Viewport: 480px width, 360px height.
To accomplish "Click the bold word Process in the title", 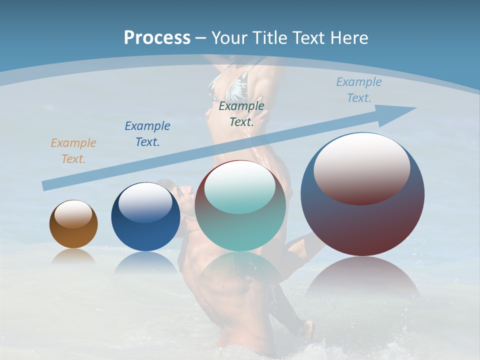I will tap(157, 38).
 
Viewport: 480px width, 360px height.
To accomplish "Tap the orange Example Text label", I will tap(73, 150).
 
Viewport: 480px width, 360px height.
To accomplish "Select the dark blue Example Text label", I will tap(147, 133).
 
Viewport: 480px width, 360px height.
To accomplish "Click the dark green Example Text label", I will tap(241, 113).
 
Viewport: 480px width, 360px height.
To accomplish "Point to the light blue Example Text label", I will tap(358, 89).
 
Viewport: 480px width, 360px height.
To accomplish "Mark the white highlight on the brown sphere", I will tap(73, 214).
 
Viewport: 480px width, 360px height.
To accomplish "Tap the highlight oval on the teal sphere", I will tap(240, 187).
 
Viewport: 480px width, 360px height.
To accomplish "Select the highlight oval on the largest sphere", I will tap(362, 168).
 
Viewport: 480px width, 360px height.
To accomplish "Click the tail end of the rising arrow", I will tap(46, 185).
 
